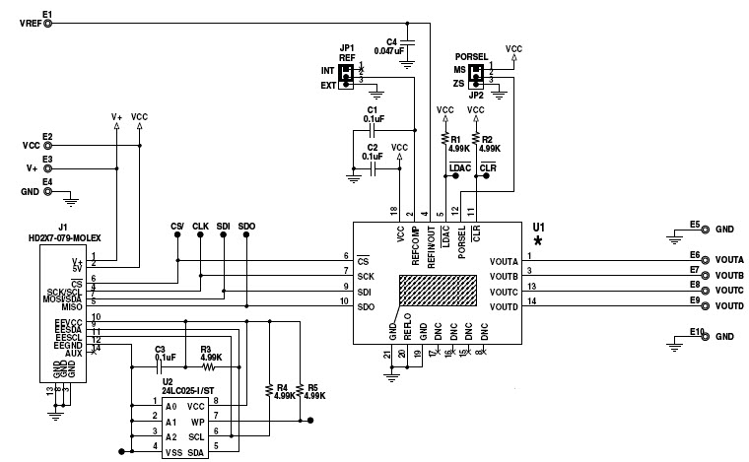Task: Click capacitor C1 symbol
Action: [x=373, y=129]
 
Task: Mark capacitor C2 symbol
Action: [x=373, y=168]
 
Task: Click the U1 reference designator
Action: [x=537, y=225]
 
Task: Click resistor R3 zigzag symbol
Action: [x=208, y=367]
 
